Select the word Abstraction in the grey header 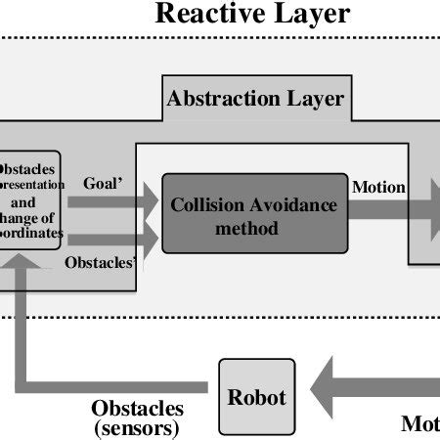[222, 99]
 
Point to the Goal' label [103, 183]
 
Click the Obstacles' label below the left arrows [100, 262]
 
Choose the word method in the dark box [248, 228]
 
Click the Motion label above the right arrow [378, 187]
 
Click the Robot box [257, 397]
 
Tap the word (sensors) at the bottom [137, 427]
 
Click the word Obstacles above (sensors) [137, 408]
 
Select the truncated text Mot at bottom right [419, 423]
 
